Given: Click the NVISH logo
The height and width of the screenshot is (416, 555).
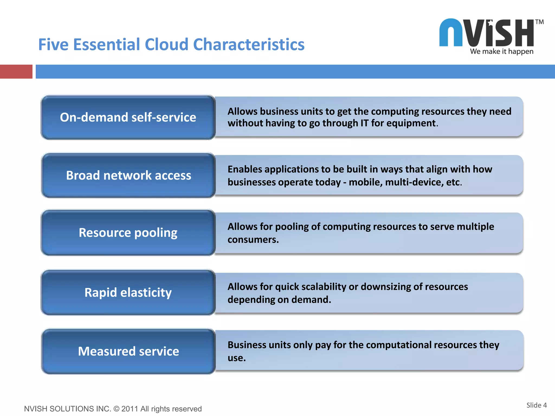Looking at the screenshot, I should coord(486,33).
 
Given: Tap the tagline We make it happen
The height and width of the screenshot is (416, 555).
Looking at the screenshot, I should coord(502,51).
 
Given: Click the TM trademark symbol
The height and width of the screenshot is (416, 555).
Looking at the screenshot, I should coord(539,22).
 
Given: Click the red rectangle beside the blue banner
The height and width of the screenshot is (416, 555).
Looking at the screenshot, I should coord(16,72).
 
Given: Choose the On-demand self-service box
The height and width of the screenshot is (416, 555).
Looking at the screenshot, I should coord(128,118).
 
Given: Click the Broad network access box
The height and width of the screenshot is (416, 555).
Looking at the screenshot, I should coord(128,175).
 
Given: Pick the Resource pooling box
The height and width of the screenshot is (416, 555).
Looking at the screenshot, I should coord(128,233).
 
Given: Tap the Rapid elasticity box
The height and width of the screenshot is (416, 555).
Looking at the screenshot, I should coord(128,292).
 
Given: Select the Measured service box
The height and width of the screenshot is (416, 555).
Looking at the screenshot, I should coord(128,351).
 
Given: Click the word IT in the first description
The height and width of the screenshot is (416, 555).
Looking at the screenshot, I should coord(364,123).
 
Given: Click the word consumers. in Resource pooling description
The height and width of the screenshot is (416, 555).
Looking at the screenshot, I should coord(253,240).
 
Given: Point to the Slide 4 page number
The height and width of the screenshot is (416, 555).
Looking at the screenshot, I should coord(536,405).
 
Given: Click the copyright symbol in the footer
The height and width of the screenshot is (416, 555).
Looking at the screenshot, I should coord(116,409).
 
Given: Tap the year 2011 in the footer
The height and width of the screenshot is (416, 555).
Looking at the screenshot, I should coord(130,409).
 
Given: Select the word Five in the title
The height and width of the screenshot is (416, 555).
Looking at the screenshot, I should coord(53,44).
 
